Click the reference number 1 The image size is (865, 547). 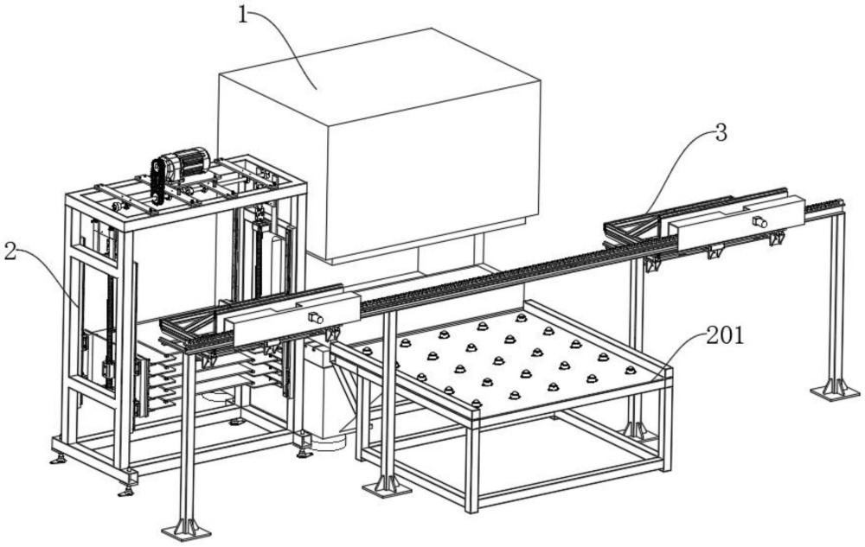(x=243, y=15)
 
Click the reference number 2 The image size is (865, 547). (x=10, y=252)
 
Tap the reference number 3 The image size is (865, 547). (x=721, y=133)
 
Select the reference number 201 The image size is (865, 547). (x=725, y=335)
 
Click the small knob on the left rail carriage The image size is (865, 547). (x=315, y=318)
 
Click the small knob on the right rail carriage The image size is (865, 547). (x=759, y=221)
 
